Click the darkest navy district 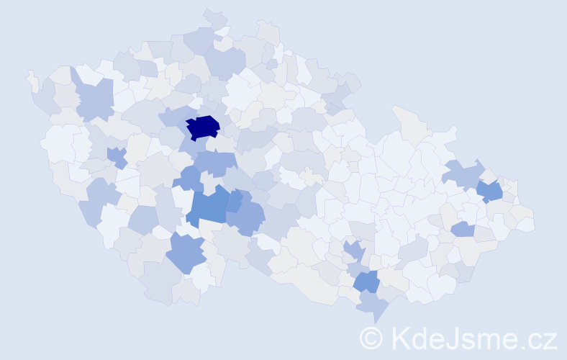(x=203, y=127)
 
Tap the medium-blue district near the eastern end (x=490, y=191)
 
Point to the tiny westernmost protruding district (x=32, y=80)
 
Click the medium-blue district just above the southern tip (x=366, y=281)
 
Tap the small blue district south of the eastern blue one (x=463, y=229)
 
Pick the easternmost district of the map (x=526, y=224)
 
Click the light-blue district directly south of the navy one (x=217, y=161)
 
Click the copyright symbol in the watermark (x=371, y=338)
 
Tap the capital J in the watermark (x=450, y=338)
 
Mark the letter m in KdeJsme (x=491, y=340)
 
